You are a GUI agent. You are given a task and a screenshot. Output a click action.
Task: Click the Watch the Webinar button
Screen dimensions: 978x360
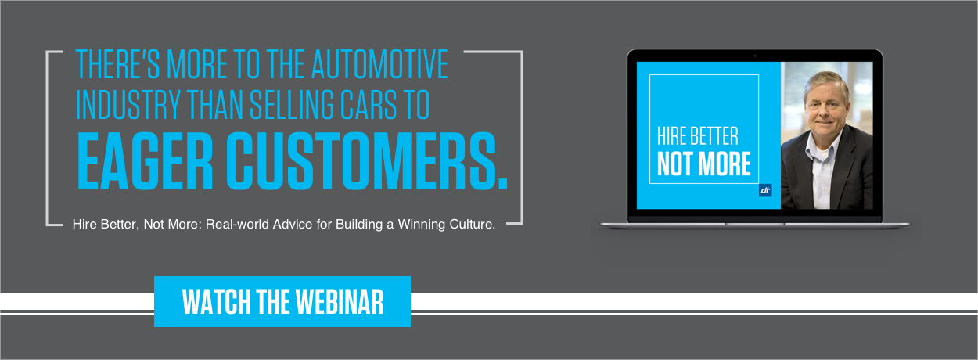coord(282,301)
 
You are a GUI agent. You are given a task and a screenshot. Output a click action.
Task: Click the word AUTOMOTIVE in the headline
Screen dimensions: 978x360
coord(379,64)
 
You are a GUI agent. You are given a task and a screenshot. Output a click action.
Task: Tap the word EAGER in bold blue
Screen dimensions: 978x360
coord(145,161)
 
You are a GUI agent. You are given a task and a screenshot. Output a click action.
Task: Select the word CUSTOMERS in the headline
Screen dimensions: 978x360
coord(367,161)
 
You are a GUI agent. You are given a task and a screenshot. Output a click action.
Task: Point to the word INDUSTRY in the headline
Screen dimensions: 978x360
coord(128,105)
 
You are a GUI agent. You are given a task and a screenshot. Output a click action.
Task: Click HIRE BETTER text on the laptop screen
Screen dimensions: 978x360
coord(698,136)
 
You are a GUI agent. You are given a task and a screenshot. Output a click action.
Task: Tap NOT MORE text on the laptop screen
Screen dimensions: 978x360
coord(704,164)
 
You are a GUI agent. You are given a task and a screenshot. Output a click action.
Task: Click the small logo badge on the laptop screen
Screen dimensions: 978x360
coord(765,190)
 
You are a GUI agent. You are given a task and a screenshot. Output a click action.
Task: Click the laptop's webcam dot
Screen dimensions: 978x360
coord(755,56)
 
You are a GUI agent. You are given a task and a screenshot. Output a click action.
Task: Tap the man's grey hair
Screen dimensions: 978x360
coord(825,81)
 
